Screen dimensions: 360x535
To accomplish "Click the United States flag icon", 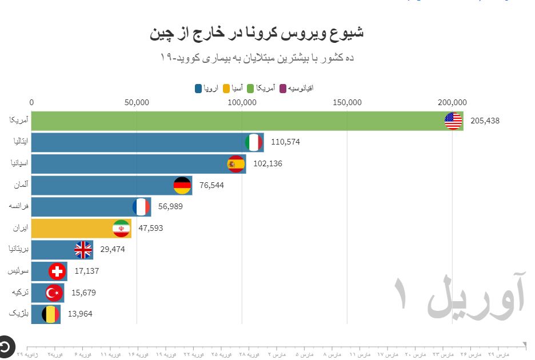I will [453, 121].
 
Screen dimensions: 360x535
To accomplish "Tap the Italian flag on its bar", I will [254, 142].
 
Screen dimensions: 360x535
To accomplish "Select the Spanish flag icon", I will [236, 164].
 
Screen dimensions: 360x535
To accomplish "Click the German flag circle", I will [182, 185].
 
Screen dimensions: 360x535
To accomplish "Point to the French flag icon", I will [141, 206].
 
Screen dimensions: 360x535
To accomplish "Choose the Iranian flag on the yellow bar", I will [121, 228].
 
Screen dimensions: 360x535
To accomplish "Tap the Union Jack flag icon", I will [83, 250].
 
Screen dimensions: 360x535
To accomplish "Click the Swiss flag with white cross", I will [57, 271].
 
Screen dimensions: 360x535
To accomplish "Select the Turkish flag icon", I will [54, 293].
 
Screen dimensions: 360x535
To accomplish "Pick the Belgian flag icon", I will [51, 314].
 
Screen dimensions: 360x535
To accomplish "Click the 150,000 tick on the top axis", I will [348, 103].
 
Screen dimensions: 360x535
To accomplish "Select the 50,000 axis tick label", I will [137, 103].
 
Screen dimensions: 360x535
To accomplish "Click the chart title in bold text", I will [257, 33].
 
